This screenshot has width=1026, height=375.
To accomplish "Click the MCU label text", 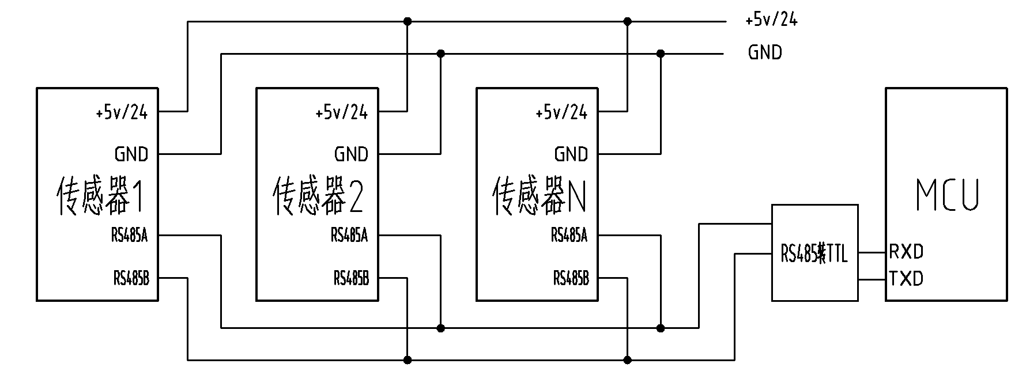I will (948, 195).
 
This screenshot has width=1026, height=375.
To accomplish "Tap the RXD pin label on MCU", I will (906, 252).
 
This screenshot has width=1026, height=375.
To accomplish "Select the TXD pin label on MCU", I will (906, 279).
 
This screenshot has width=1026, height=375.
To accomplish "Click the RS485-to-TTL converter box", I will (814, 253).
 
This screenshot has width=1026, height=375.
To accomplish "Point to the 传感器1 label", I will (99, 196).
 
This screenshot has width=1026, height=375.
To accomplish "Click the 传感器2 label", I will (318, 196).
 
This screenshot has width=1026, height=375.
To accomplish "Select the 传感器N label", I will (539, 196).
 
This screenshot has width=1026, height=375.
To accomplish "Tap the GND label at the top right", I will (765, 53).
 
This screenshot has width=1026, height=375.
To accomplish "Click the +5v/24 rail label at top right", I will (771, 20).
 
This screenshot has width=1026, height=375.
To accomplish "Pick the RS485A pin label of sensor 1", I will (130, 236).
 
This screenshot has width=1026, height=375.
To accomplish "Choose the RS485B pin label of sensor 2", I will (351, 279).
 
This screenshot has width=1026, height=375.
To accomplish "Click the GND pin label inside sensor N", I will (571, 154).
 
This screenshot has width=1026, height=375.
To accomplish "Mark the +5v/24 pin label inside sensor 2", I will (341, 112).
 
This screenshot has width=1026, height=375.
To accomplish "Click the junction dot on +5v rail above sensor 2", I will (408, 21).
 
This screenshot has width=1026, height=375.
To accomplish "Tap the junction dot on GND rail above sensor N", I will (661, 54).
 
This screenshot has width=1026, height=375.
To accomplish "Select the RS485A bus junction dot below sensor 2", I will (441, 328).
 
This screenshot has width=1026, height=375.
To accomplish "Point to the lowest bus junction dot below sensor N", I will (628, 360).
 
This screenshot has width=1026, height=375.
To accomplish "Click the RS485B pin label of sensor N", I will (571, 279).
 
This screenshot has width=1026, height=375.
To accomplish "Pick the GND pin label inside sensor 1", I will (131, 154).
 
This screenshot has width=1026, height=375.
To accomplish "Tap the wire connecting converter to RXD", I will (872, 252).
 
